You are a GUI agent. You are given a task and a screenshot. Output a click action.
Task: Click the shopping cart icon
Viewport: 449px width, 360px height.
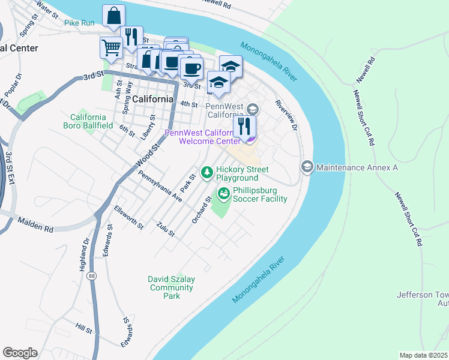coord(111,47)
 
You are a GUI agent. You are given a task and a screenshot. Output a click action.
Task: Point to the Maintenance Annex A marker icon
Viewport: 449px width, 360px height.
coord(307,167)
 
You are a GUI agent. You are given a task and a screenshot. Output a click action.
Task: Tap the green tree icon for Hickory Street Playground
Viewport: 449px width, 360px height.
coord(207,173)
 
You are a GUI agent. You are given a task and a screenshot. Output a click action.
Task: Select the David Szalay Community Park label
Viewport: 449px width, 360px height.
coord(172,287)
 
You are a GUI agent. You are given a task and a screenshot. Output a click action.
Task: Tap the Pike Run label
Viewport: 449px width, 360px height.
coord(79,23)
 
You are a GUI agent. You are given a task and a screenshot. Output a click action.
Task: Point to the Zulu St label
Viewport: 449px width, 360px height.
coord(164,229)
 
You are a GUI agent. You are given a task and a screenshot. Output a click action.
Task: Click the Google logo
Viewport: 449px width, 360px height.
coord(20,353)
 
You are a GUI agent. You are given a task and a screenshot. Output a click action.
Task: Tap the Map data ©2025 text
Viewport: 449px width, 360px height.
coord(424,355)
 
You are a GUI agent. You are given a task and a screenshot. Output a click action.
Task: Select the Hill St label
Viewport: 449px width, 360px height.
coord(83,329)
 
